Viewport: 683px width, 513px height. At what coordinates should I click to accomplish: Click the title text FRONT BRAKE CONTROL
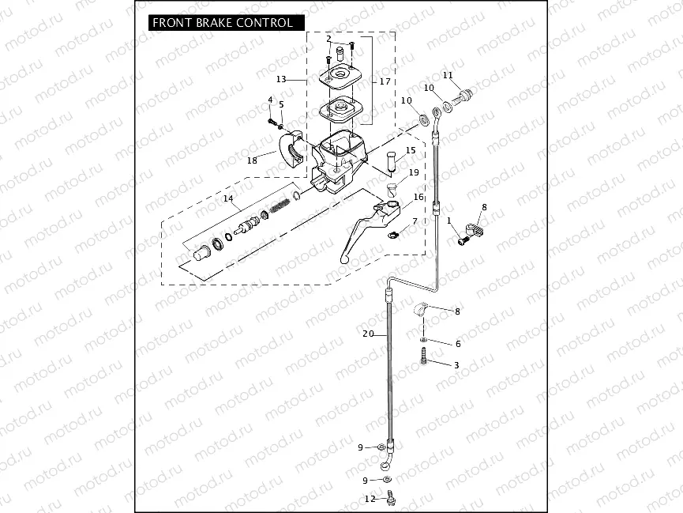[x=222, y=23]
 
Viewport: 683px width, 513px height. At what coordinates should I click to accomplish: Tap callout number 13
[x=281, y=79]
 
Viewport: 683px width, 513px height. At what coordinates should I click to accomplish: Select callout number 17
[x=385, y=81]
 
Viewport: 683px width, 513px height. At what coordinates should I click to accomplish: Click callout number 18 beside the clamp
[x=252, y=160]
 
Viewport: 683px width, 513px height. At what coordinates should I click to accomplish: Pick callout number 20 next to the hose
[x=368, y=334]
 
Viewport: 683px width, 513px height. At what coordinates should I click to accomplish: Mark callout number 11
[x=448, y=75]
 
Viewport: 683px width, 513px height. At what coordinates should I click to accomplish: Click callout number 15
[x=411, y=150]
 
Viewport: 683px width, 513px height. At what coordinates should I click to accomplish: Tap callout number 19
[x=414, y=172]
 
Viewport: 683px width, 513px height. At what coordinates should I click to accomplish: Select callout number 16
[x=418, y=197]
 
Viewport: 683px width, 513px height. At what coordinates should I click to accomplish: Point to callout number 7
[x=415, y=221]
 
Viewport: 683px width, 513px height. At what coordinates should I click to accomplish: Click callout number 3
[x=456, y=364]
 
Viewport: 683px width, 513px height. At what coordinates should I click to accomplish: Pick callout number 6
[x=457, y=344]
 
